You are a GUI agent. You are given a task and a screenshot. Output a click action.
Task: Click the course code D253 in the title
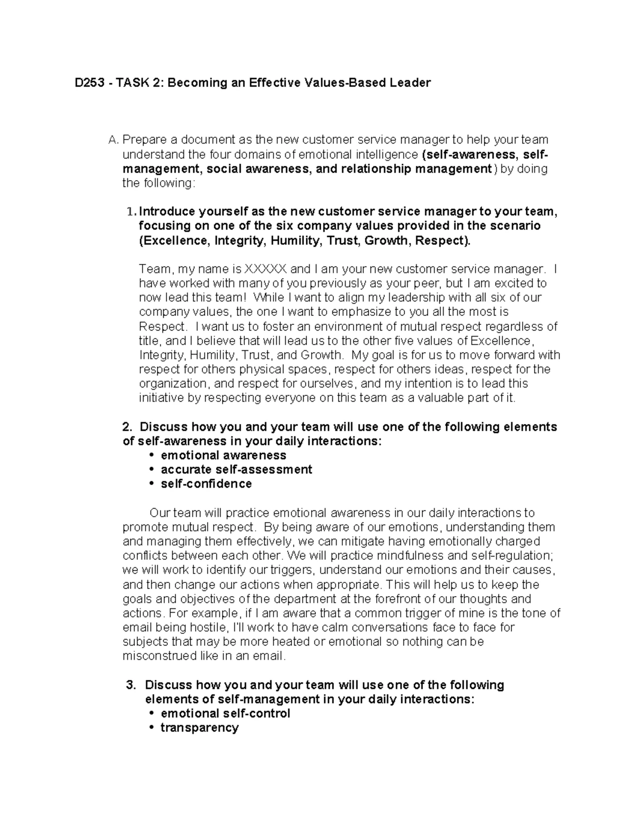(87, 83)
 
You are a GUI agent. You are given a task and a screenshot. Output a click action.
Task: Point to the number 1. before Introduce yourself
(132, 212)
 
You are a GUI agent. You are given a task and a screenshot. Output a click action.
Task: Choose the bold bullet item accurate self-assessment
(236, 470)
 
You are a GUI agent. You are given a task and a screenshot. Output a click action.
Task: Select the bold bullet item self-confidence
(206, 484)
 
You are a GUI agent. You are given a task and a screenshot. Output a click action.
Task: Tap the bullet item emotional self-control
(225, 713)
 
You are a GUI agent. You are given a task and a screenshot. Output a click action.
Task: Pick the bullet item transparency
(199, 728)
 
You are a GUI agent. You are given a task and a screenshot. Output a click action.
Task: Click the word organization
(172, 384)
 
